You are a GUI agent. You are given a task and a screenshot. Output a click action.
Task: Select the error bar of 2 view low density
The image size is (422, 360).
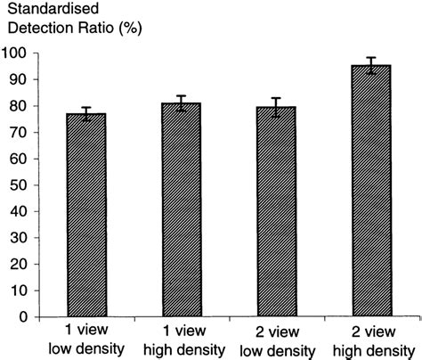pos(289,108)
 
